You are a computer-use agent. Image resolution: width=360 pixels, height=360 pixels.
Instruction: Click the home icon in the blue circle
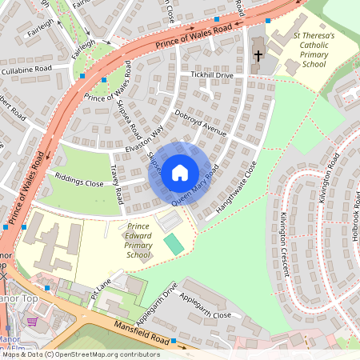pos(180,172)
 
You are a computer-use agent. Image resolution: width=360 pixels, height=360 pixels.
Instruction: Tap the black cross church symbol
pos(258,56)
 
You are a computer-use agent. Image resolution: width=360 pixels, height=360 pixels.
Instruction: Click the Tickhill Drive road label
pos(212,74)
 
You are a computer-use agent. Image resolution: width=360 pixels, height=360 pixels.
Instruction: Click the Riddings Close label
pos(79,183)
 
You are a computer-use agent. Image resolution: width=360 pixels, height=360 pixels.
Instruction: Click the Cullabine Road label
pos(26,70)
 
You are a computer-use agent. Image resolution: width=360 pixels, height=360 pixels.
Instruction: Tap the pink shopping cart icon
pos(32,322)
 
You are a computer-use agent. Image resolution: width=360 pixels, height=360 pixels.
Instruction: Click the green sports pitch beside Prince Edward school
pos(173,244)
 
